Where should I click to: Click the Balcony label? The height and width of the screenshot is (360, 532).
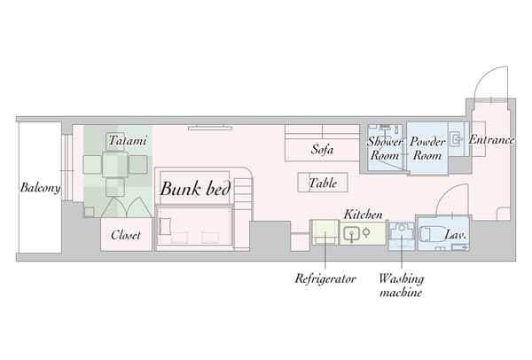39,188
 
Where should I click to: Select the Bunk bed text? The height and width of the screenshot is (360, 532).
195,189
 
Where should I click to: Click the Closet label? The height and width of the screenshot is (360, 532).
126,236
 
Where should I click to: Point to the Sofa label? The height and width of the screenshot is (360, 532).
322,149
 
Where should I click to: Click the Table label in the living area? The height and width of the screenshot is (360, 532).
322,184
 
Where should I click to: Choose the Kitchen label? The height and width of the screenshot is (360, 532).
363,215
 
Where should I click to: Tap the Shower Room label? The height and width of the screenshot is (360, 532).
385,147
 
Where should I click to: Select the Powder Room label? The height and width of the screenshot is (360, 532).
427,147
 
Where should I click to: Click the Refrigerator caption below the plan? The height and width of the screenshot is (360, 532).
325,278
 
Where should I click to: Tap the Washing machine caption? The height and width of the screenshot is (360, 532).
400,285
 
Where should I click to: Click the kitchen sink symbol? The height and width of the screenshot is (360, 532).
353,234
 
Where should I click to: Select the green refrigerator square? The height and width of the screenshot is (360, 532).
325,233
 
